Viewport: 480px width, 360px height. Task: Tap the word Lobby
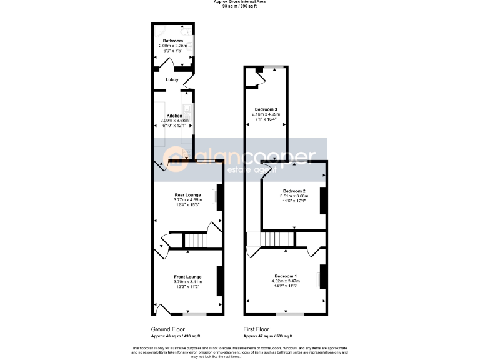[172, 80]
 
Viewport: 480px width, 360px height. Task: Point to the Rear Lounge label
[187, 195]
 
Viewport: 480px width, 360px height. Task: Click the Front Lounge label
[187, 277]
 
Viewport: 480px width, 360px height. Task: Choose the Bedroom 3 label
[265, 109]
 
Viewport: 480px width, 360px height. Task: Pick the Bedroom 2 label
[294, 191]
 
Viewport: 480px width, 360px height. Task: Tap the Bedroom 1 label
[286, 276]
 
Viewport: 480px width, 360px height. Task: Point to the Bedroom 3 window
[272, 66]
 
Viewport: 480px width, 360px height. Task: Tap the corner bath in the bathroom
[160, 31]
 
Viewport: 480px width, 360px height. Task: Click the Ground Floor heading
[167, 329]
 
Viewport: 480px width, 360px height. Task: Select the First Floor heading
[256, 329]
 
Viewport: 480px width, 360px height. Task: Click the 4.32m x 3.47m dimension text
[286, 281]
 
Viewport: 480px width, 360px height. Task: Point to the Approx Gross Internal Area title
[240, 2]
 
